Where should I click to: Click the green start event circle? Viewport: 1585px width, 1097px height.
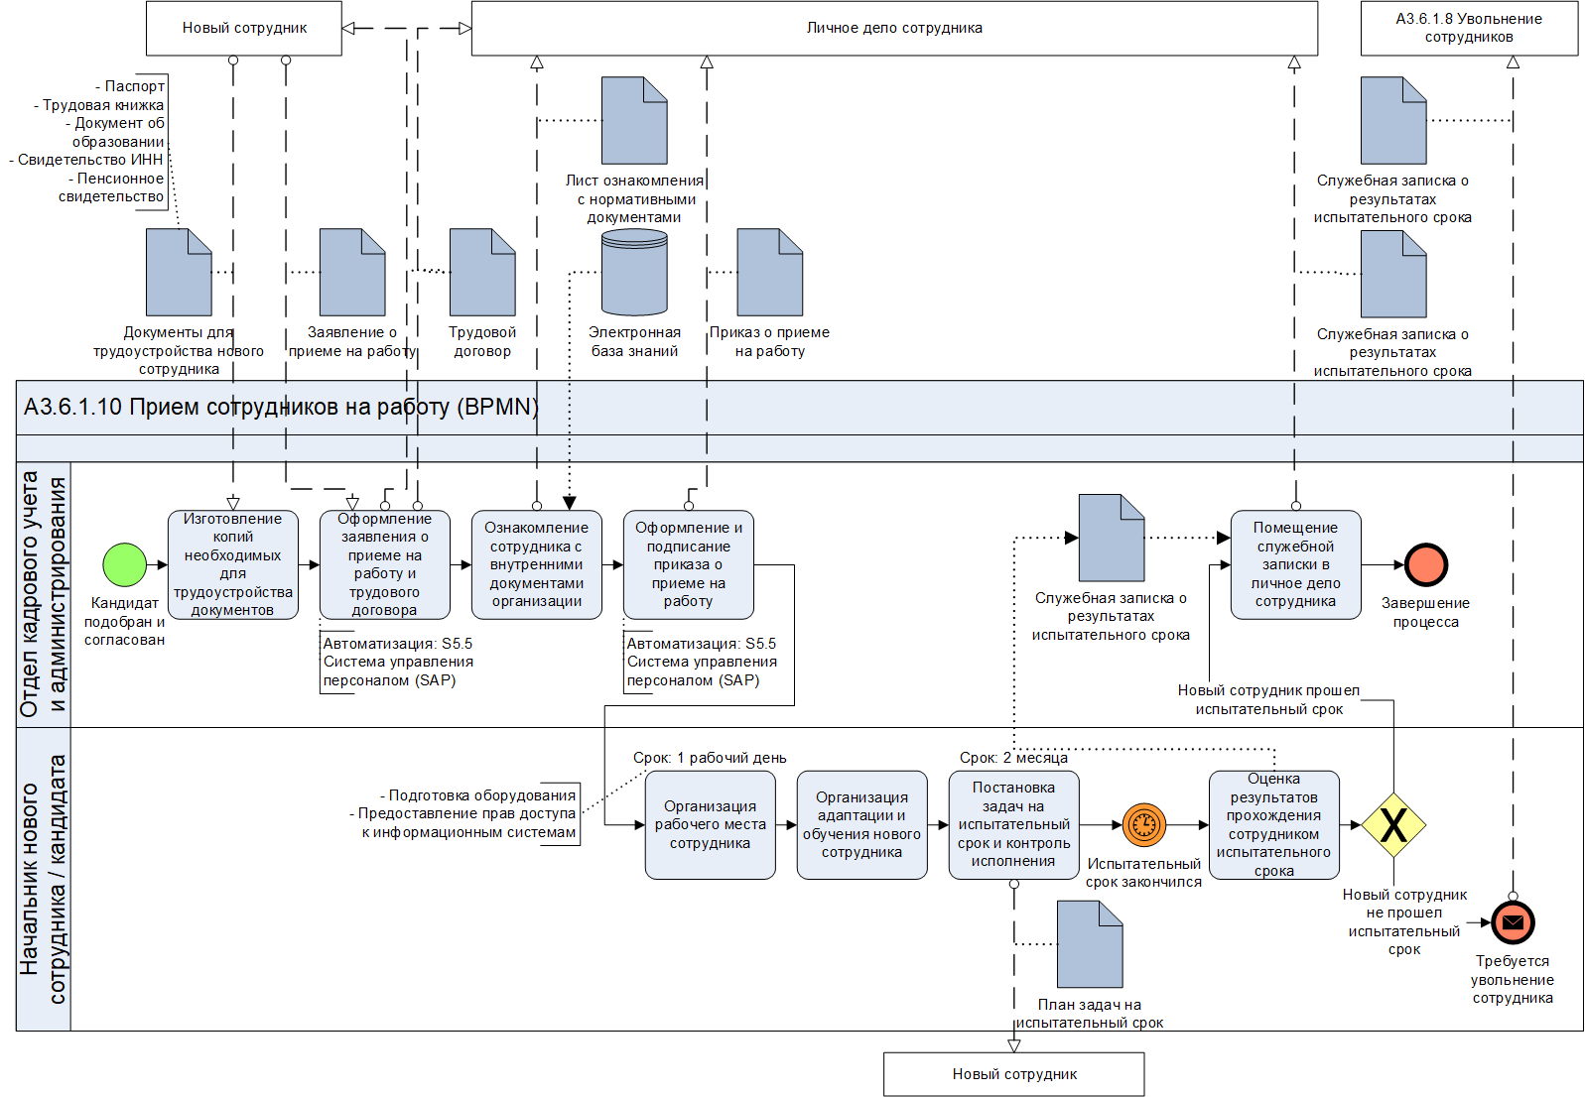125,565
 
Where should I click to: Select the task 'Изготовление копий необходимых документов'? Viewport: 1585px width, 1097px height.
233,565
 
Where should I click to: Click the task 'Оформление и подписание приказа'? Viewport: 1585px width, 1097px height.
689,565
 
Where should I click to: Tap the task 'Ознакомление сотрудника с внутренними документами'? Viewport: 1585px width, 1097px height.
537,565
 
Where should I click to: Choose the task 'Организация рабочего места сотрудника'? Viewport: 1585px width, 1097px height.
711,825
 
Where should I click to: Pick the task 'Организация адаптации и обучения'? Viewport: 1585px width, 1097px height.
862,825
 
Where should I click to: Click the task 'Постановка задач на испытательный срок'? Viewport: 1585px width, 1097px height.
1014,825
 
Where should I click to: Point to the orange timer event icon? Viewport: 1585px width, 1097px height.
1144,824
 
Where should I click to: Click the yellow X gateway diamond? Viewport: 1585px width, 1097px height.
1393,825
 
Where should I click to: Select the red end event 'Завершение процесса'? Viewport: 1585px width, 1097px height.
1426,565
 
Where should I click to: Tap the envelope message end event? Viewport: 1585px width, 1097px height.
1513,922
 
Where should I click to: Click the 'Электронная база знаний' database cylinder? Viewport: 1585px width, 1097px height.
635,273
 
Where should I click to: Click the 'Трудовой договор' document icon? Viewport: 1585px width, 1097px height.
482,273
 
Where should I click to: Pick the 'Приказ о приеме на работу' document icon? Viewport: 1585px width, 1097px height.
770,273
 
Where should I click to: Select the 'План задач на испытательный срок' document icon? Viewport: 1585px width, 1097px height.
1090,944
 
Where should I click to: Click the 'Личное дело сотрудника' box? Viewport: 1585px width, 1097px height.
894,29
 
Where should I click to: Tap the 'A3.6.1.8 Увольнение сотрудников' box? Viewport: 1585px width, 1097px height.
1469,29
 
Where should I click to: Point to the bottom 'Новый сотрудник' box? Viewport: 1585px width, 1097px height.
1014,1074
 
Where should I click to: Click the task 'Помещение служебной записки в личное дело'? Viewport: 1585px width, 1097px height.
1296,565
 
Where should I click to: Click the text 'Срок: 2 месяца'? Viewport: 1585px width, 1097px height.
1013,758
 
